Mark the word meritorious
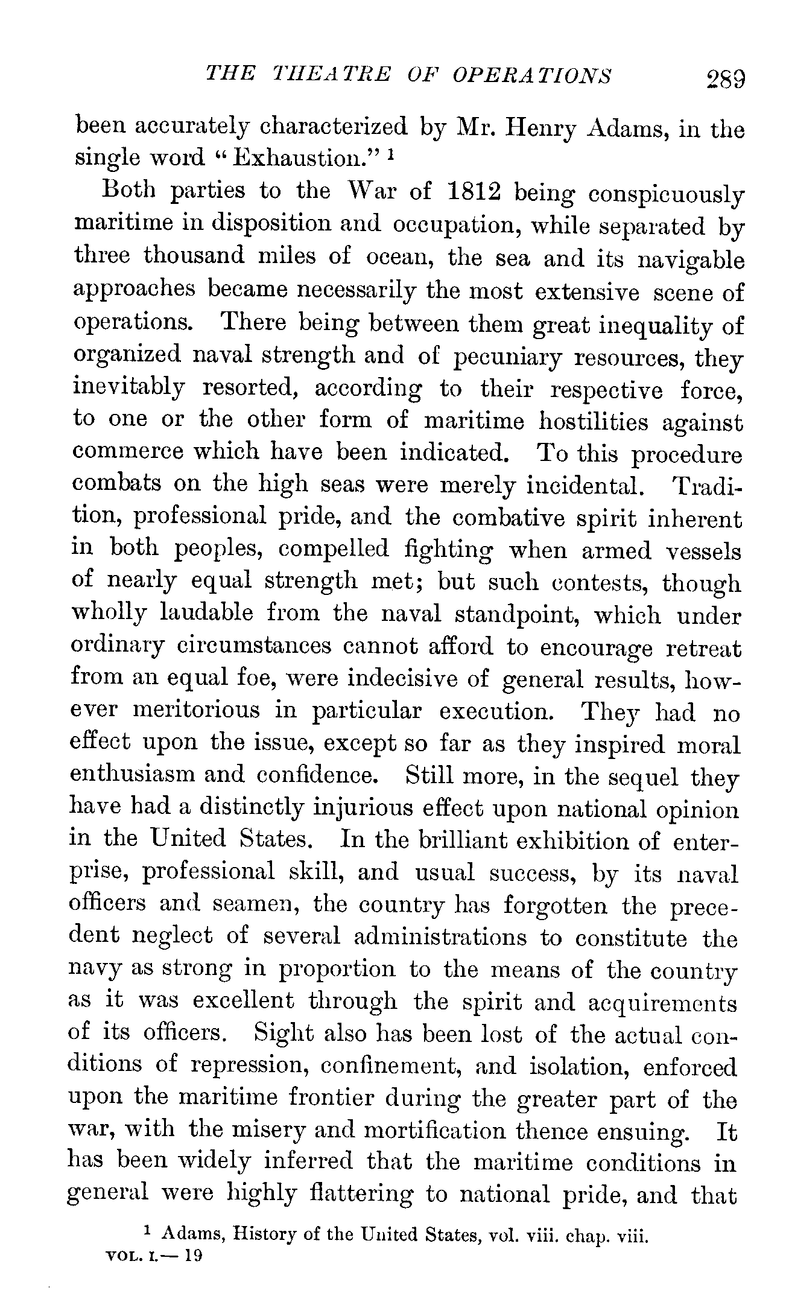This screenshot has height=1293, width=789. [x=196, y=710]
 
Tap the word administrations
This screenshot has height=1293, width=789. [x=440, y=936]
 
